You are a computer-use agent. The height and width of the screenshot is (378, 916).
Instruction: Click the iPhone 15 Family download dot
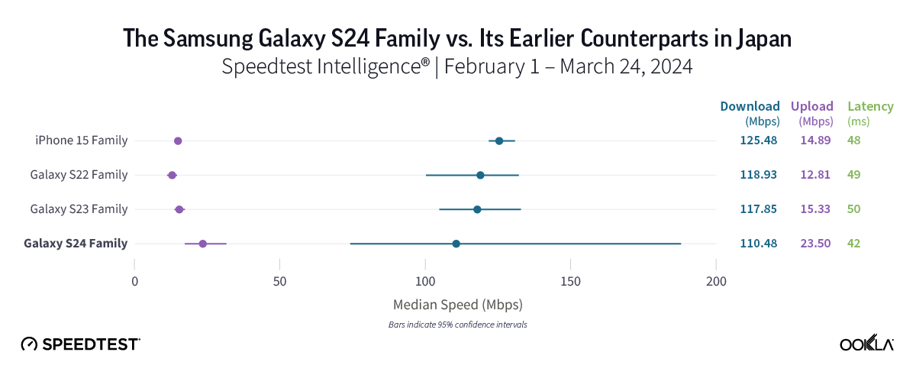pyautogui.click(x=499, y=141)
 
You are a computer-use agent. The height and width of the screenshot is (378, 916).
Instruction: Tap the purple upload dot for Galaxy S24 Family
pyautogui.click(x=202, y=244)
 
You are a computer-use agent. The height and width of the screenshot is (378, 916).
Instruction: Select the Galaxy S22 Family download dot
pyautogui.click(x=480, y=175)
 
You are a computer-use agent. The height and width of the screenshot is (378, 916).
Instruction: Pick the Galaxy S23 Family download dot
pyautogui.click(x=477, y=209)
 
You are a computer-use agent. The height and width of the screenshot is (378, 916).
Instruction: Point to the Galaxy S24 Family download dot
pyautogui.click(x=456, y=244)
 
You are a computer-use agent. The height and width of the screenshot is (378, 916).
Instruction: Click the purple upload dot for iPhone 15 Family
pyautogui.click(x=178, y=141)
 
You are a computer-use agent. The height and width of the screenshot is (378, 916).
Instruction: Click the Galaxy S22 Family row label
pyautogui.click(x=79, y=175)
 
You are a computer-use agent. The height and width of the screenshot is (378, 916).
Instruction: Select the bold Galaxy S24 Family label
pyautogui.click(x=76, y=244)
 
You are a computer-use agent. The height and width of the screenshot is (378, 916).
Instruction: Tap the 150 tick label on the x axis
pyautogui.click(x=571, y=280)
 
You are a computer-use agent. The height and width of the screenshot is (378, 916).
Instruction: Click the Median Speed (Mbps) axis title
pyautogui.click(x=457, y=305)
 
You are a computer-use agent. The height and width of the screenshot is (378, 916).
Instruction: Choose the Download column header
pyautogui.click(x=750, y=106)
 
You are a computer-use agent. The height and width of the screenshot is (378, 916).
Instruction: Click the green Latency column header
pyautogui.click(x=870, y=106)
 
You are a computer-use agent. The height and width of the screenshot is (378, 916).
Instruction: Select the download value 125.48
pyautogui.click(x=759, y=141)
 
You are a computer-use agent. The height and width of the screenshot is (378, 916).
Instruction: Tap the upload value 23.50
pyautogui.click(x=816, y=244)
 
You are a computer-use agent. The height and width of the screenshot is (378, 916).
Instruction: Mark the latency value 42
pyautogui.click(x=853, y=244)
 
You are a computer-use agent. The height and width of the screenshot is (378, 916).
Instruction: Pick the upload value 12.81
pyautogui.click(x=816, y=175)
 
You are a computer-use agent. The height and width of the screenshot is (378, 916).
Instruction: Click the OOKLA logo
pyautogui.click(x=866, y=344)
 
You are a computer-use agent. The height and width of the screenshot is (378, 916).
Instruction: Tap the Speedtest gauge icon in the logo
pyautogui.click(x=29, y=344)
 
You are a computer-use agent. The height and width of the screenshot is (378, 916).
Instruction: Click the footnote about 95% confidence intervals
pyautogui.click(x=457, y=325)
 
